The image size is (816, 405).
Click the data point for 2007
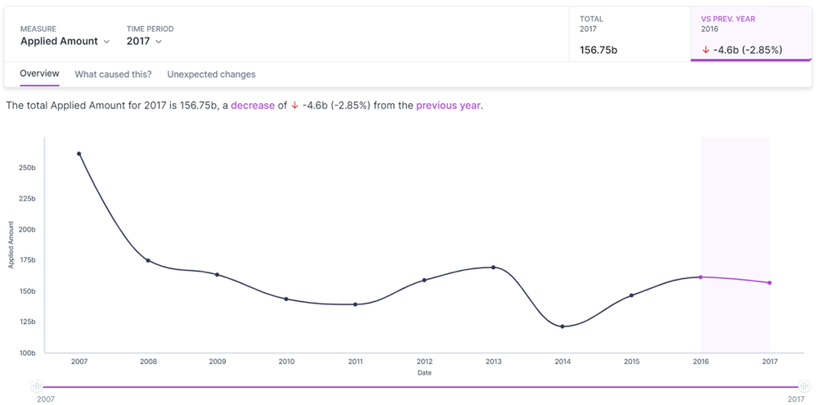coord(79,154)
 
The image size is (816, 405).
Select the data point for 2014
coord(563,326)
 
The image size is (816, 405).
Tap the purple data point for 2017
coord(769,283)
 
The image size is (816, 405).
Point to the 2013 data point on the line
coord(493,268)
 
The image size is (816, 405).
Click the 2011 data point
coord(355,304)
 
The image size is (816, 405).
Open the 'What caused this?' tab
coord(113,74)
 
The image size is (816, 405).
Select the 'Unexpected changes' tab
coord(211,74)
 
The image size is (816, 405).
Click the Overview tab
coord(39,74)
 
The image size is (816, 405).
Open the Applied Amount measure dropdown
coord(65,41)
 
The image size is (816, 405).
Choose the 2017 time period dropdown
coord(144,41)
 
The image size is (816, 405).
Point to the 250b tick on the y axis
coord(26,168)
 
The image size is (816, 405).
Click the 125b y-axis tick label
coord(26,322)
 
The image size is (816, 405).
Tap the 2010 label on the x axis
coord(286,361)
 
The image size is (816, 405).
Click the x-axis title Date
coord(424,373)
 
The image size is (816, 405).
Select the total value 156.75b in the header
coord(598,50)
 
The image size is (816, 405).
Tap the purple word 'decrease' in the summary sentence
coord(253,106)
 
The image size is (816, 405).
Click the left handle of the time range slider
coord(37,386)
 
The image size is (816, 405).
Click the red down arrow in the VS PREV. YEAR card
coord(705,50)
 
